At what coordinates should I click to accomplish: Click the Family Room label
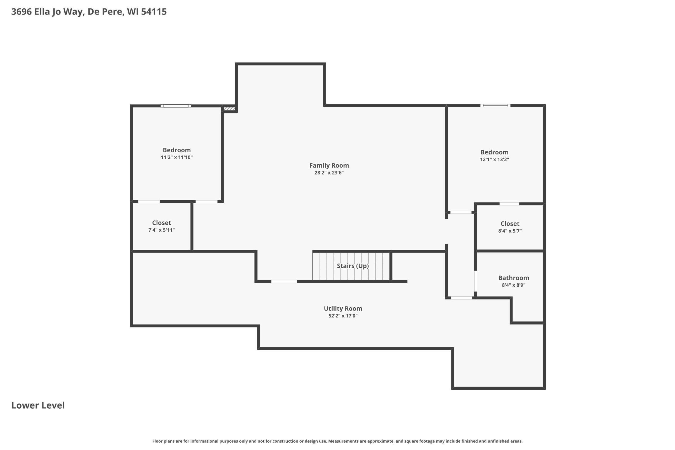click(329, 165)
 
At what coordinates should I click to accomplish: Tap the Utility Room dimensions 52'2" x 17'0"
click(343, 316)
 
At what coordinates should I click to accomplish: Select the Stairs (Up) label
click(353, 266)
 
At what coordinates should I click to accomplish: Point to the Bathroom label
click(513, 278)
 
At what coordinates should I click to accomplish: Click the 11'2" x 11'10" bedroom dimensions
click(177, 157)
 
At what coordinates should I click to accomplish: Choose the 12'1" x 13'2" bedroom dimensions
click(494, 159)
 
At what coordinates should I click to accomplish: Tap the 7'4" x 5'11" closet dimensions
click(162, 230)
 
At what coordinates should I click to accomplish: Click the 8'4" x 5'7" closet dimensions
click(510, 231)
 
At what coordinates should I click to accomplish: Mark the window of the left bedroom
click(176, 106)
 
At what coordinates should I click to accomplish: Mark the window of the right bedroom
click(495, 106)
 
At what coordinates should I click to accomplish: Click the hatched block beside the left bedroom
click(229, 109)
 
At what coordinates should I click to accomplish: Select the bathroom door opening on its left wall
click(476, 281)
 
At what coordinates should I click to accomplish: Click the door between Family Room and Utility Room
click(284, 282)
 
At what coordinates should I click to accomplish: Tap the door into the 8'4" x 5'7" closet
click(509, 204)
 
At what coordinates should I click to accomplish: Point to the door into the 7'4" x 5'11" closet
click(149, 202)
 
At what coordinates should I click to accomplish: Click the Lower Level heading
click(38, 405)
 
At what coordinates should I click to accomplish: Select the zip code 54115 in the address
click(154, 12)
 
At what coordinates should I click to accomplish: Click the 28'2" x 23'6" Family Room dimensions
click(329, 172)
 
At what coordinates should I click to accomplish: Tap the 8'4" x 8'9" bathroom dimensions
click(513, 285)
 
